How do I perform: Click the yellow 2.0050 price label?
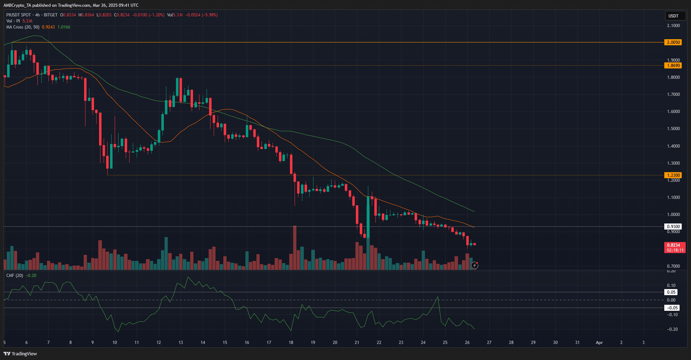coord(673,42)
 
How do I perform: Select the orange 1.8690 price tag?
coord(673,66)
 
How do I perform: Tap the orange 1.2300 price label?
coord(673,175)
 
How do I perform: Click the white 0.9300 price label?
coord(673,226)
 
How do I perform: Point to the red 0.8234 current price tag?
coord(673,245)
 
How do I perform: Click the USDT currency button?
coord(673,16)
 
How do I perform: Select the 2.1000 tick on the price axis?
coord(673,25)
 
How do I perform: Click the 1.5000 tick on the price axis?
coord(673,129)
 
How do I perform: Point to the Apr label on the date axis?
coord(599,342)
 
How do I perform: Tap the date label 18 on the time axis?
coord(291,342)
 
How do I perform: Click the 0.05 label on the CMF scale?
coord(671,292)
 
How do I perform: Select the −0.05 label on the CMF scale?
coord(672,308)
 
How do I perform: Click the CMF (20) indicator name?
coord(15,275)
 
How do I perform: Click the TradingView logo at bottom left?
coord(20,354)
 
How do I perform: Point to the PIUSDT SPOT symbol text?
coord(19,15)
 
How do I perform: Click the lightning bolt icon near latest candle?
coord(474,265)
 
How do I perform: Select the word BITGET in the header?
coord(51,15)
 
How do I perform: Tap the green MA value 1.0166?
coord(64,27)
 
